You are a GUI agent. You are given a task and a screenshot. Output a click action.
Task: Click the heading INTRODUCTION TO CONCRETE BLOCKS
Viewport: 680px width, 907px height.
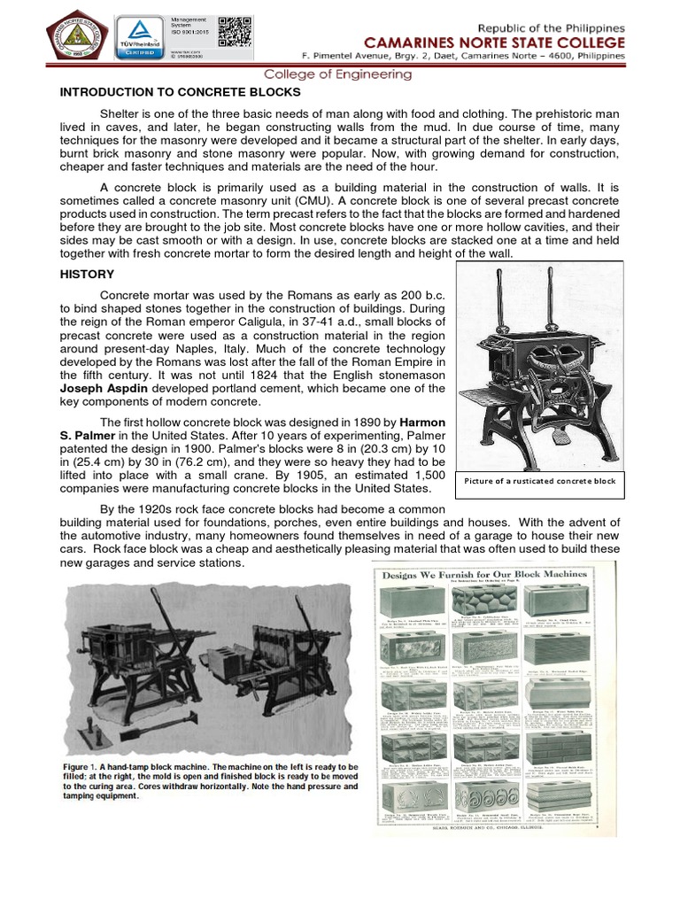click(x=180, y=92)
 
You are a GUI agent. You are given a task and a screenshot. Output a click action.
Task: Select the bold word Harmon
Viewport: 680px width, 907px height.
click(x=420, y=421)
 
